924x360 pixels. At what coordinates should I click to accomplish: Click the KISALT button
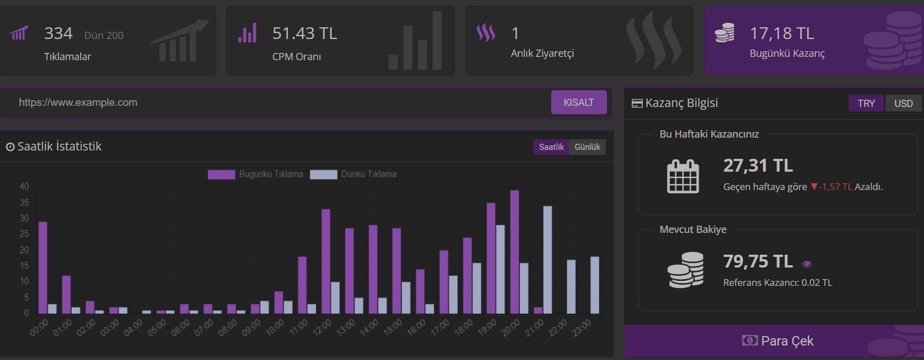click(x=578, y=103)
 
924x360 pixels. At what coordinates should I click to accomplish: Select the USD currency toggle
click(x=903, y=103)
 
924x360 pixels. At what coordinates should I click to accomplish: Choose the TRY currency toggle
click(x=866, y=103)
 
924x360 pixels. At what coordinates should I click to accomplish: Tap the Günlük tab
click(x=587, y=147)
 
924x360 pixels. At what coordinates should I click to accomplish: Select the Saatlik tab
click(x=551, y=147)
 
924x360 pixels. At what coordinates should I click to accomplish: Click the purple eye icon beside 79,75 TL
click(x=807, y=264)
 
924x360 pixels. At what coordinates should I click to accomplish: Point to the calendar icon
click(x=683, y=177)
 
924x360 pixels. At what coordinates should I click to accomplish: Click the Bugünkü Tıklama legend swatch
click(x=221, y=174)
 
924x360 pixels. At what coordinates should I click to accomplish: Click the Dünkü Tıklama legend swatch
click(x=323, y=174)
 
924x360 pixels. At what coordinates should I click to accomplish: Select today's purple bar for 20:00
click(x=514, y=251)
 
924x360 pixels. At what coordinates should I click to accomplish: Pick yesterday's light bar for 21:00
click(x=547, y=260)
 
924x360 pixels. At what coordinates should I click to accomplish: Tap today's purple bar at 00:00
click(x=42, y=267)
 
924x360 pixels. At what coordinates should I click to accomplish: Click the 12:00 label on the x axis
click(x=322, y=328)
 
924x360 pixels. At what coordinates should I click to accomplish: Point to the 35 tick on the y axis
click(x=25, y=202)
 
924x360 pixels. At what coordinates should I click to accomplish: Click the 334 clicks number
click(x=58, y=33)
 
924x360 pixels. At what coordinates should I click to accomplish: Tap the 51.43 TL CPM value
click(x=305, y=33)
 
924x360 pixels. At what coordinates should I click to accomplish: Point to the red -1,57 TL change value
click(x=835, y=187)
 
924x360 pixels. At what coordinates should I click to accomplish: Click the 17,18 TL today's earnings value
click(x=782, y=33)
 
